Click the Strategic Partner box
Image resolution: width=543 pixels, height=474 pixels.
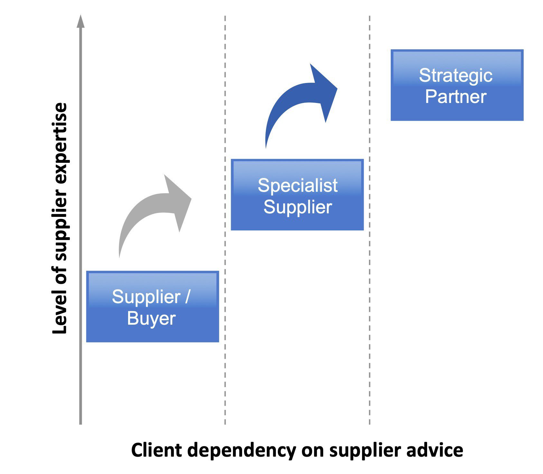457,85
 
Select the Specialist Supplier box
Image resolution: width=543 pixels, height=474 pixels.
297,195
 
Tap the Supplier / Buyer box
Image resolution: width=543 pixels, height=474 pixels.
152,306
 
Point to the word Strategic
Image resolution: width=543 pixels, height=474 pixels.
455,76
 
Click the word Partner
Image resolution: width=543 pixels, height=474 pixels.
455,97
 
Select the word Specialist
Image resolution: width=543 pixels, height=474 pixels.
297,185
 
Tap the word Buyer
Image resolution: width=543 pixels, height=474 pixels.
151,319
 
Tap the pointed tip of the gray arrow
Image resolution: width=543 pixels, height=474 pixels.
191,199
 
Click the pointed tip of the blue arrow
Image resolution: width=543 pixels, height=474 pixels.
337,88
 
